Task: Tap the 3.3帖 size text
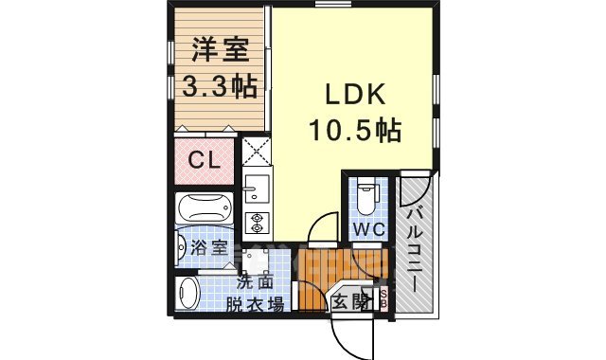pyautogui.click(x=218, y=86)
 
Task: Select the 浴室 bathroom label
pyautogui.click(x=208, y=249)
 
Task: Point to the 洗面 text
pyautogui.click(x=254, y=281)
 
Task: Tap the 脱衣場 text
pyautogui.click(x=254, y=304)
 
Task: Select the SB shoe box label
pyautogui.click(x=383, y=298)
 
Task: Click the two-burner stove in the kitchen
pyautogui.click(x=256, y=222)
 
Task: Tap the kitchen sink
pyautogui.click(x=256, y=188)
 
